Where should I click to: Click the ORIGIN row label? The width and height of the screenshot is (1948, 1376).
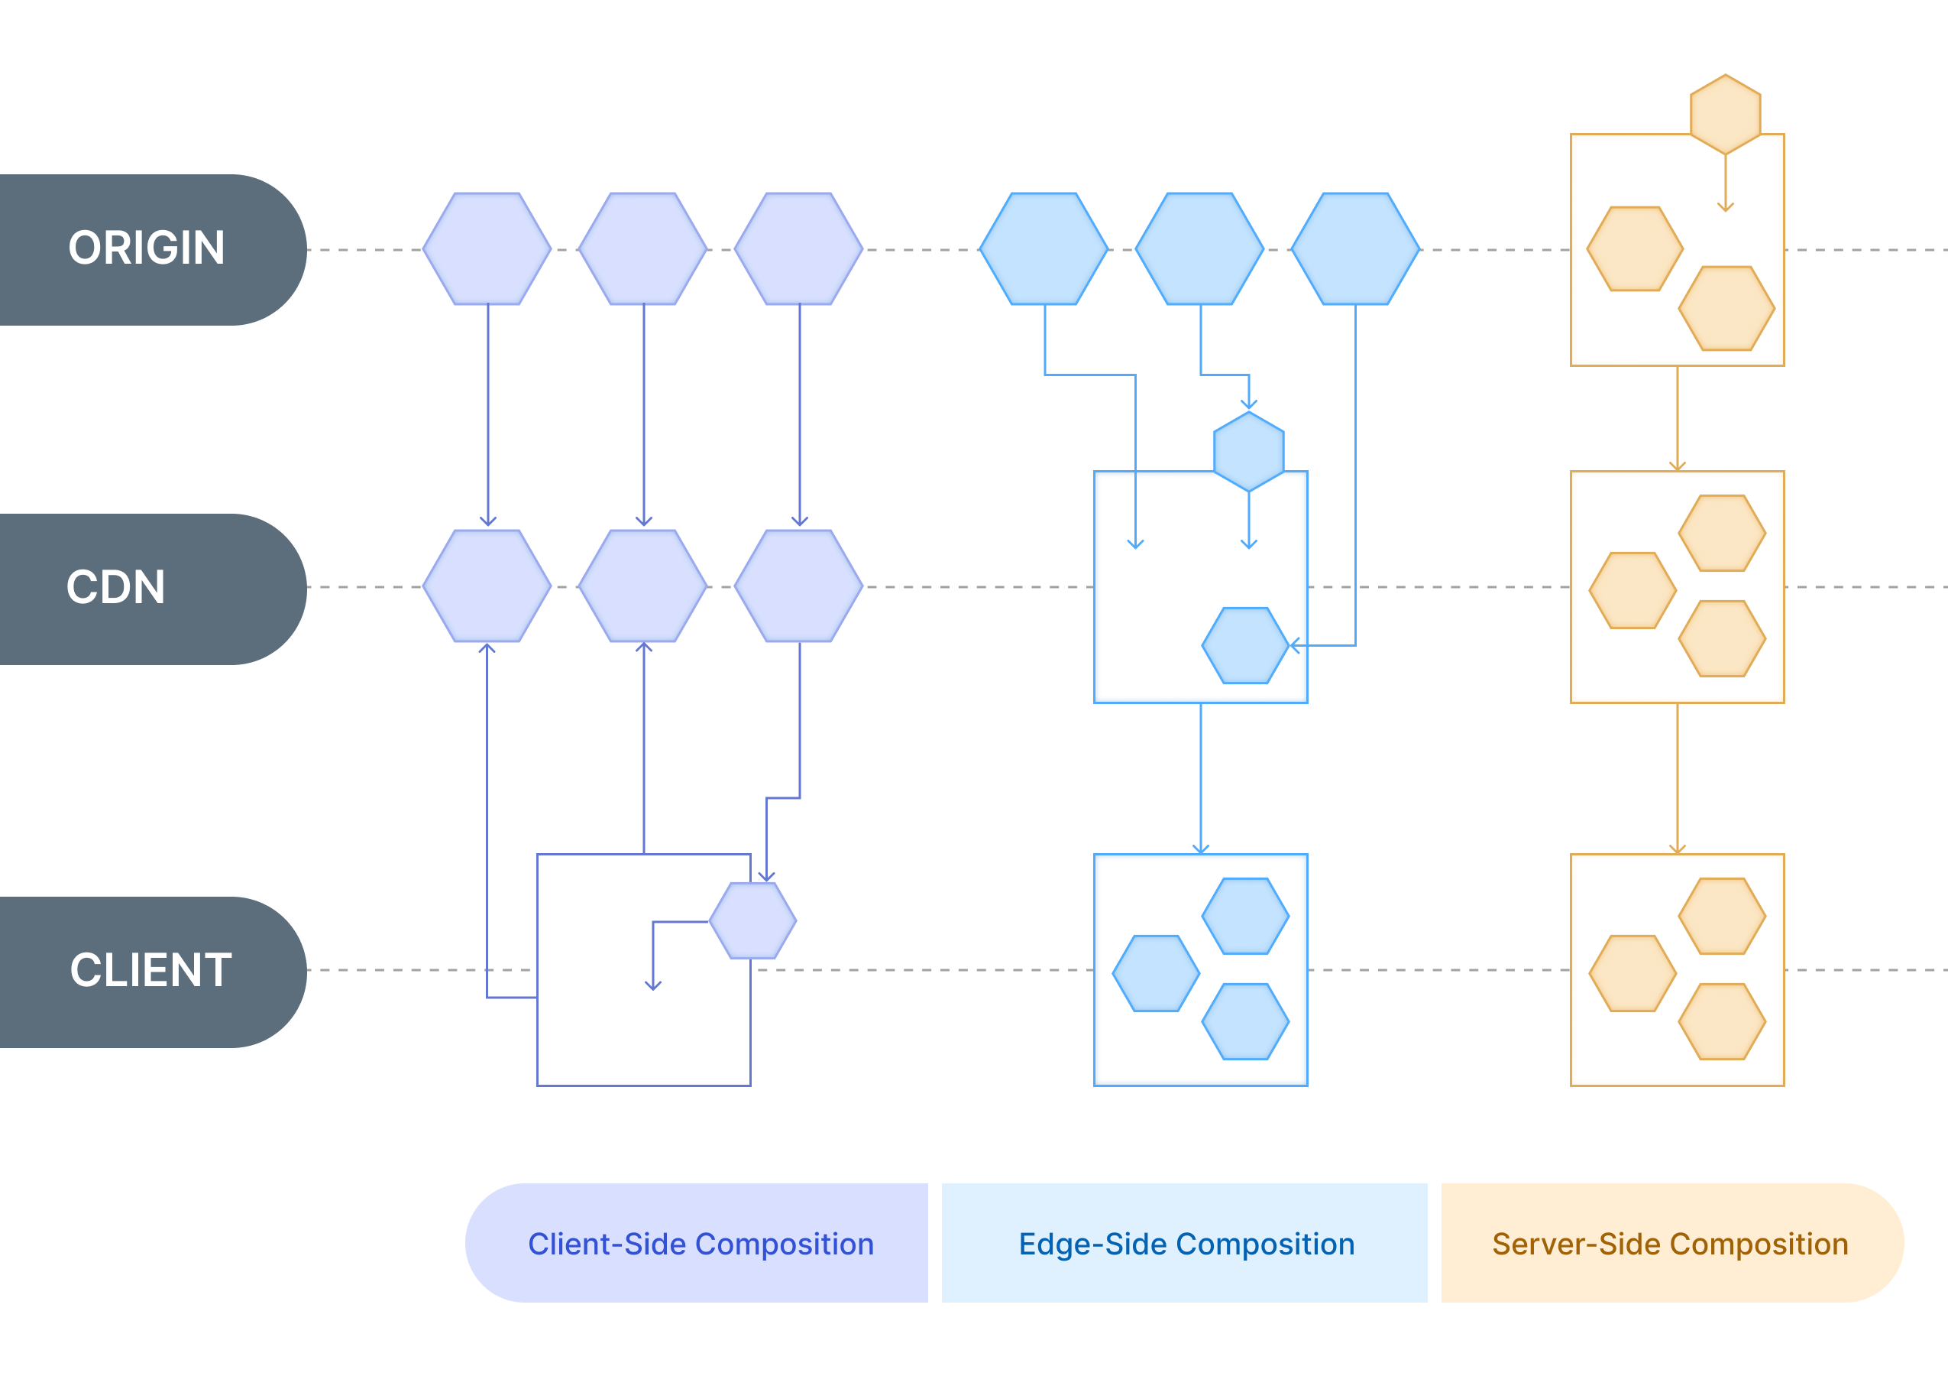click(146, 248)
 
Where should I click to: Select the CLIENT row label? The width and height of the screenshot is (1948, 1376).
click(150, 970)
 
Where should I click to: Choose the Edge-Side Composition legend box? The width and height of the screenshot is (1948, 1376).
click(1186, 1244)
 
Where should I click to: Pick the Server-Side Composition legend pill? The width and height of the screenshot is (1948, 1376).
click(1670, 1244)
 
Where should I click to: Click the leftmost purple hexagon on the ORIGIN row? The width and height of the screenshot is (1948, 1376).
click(487, 248)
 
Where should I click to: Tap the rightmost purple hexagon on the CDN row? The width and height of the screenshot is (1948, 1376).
click(798, 586)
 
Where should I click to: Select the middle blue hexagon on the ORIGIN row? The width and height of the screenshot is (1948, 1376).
click(1199, 248)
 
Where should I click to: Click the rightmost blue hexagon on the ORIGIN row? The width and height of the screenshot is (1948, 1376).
click(1355, 248)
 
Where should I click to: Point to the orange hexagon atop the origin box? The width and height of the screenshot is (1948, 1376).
click(1725, 115)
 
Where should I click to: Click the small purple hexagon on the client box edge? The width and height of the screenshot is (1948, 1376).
click(752, 920)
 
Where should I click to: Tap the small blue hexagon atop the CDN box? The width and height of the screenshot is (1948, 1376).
click(1248, 452)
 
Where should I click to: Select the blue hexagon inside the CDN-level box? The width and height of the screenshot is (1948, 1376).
click(1245, 645)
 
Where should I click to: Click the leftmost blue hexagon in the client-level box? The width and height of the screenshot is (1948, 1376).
click(1156, 973)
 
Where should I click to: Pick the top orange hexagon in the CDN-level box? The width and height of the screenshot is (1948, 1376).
click(1721, 533)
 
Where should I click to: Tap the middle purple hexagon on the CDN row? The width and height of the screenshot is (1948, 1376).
click(643, 586)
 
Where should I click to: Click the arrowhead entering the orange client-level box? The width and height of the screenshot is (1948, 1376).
click(1677, 848)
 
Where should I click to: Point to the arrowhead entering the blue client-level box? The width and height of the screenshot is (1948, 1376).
click(1199, 848)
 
